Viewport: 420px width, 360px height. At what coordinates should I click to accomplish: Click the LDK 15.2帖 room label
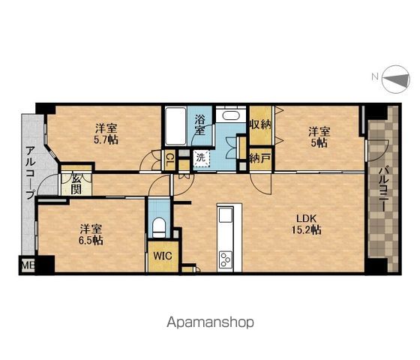pos(307,224)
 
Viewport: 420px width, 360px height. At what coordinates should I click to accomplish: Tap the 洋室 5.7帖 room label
pos(106,134)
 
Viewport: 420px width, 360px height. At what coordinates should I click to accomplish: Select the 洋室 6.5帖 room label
pos(91,235)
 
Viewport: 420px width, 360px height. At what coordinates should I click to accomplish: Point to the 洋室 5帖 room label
pos(319,137)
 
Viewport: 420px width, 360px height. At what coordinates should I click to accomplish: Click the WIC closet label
pos(163,256)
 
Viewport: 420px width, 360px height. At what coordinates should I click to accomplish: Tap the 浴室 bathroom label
pos(199,124)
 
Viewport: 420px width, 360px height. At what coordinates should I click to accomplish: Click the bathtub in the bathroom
pos(175,126)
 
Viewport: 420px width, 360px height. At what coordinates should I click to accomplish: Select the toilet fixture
pos(159,227)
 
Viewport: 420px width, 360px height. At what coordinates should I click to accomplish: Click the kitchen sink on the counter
pos(226,214)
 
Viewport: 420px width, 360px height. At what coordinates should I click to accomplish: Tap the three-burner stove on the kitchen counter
pos(226,259)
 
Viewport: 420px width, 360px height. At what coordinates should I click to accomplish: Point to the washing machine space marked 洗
pos(201,158)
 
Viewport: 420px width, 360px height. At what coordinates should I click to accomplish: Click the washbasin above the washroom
pos(231,115)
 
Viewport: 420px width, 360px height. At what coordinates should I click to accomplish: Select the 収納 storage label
pos(260,124)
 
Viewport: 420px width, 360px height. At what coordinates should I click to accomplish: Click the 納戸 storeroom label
pos(260,159)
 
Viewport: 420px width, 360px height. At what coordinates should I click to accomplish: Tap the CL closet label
pos(169,159)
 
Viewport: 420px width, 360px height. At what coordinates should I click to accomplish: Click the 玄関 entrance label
pos(76,184)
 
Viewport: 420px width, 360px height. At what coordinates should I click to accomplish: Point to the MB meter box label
pos(28,265)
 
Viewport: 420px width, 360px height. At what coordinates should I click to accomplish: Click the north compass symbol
pos(396,79)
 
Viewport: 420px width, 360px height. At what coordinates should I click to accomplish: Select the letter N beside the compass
pos(375,76)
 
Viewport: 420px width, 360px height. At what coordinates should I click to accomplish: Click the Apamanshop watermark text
pos(210,322)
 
